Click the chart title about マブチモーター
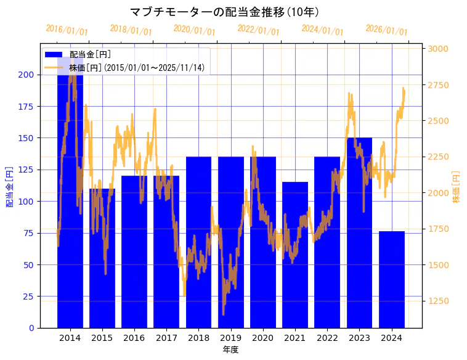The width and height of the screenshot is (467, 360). pyautogui.click(x=225, y=12)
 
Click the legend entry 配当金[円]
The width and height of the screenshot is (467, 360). pyautogui.click(x=90, y=55)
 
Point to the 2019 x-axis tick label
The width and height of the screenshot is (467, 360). pyautogui.click(x=231, y=338)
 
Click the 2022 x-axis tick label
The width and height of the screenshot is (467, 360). pyautogui.click(x=327, y=338)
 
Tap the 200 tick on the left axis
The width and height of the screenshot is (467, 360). pyautogui.click(x=26, y=75)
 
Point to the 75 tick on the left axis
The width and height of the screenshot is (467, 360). pyautogui.click(x=29, y=233)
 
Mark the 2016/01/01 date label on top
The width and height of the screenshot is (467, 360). pyautogui.click(x=67, y=30)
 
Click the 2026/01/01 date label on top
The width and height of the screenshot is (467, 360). pyautogui.click(x=386, y=30)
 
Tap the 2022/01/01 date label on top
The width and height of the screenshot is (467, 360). pyautogui.click(x=258, y=30)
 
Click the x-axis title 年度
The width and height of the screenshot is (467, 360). pyautogui.click(x=230, y=350)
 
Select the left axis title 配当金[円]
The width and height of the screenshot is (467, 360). pyautogui.click(x=10, y=186)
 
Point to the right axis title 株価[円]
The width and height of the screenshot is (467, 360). pyautogui.click(x=457, y=187)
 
